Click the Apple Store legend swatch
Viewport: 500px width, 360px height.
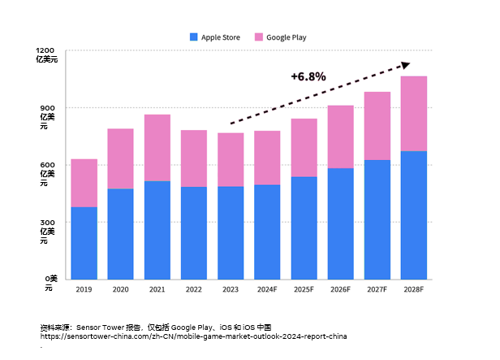point(193,37)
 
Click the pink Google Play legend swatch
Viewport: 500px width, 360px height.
point(259,37)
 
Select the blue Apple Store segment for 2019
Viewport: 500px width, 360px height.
point(84,243)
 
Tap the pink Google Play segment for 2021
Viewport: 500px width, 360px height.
point(157,148)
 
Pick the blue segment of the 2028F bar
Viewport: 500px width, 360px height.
point(414,215)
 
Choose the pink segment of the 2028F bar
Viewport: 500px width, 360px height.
point(414,114)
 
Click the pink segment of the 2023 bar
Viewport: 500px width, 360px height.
point(231,160)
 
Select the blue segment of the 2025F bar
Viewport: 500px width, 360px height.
point(304,228)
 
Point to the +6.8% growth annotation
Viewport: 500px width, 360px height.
point(308,76)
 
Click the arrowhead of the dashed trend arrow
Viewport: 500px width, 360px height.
point(406,65)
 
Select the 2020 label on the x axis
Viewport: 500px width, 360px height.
point(121,288)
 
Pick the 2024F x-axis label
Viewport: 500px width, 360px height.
point(267,288)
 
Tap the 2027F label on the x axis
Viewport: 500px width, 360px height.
point(377,288)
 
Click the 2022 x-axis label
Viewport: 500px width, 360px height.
point(194,288)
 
